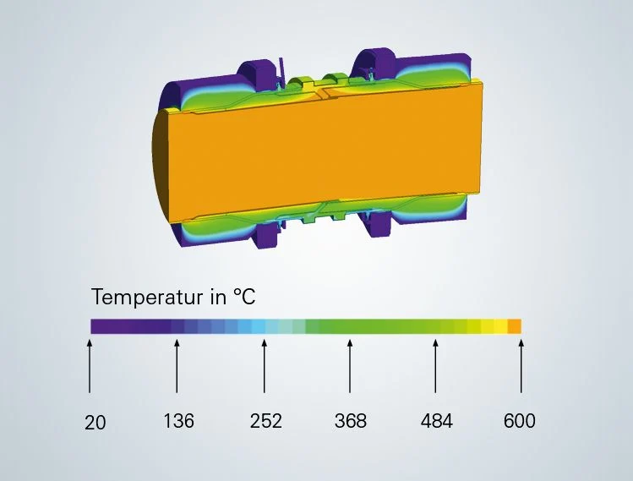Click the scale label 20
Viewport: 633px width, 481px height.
point(95,423)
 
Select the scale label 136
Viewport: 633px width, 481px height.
point(178,420)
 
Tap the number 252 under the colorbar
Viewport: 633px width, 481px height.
point(265,421)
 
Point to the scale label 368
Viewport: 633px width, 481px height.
point(351,421)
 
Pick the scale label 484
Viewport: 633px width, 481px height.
point(436,421)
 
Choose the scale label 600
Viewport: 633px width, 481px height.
point(520,421)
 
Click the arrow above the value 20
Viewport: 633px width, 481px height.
point(90,366)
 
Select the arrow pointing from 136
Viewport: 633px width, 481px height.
point(177,366)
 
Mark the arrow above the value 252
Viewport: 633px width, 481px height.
point(264,366)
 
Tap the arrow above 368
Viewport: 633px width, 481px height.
point(350,366)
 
